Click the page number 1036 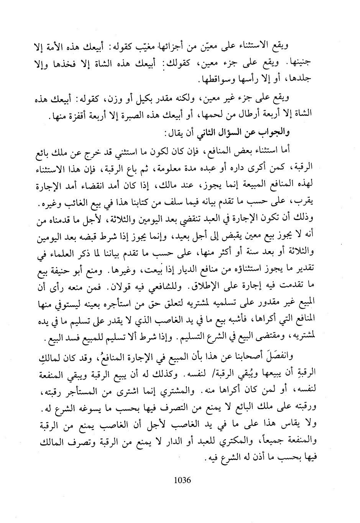coord(182,480)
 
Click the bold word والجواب coord(277,132)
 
